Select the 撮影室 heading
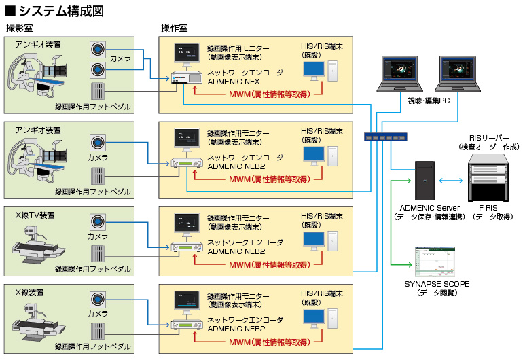click(x=20, y=28)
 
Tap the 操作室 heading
click(x=175, y=28)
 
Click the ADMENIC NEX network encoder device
click(x=187, y=78)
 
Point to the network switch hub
click(x=385, y=137)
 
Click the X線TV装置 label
click(x=35, y=215)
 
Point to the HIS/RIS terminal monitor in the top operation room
click(x=314, y=70)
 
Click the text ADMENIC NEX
click(x=229, y=80)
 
